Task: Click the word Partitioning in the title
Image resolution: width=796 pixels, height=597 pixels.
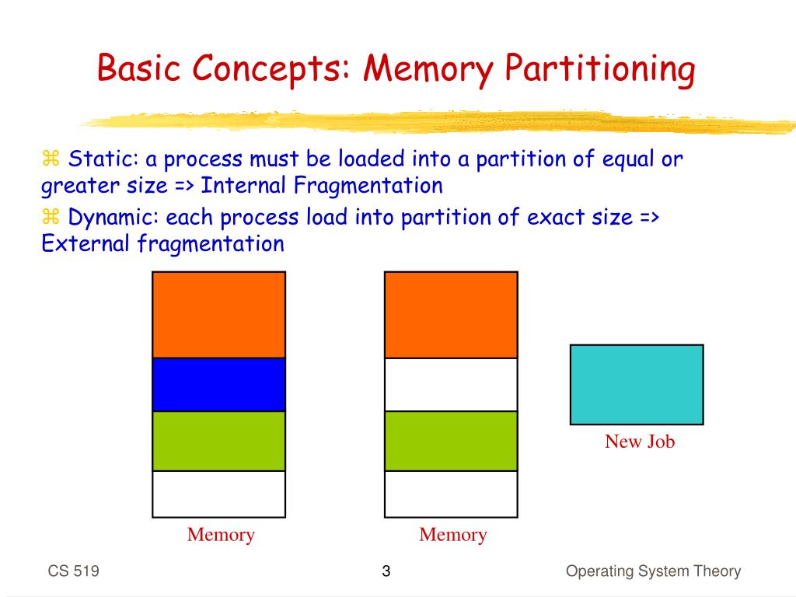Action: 600,70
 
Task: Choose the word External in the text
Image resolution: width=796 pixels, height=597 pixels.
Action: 86,244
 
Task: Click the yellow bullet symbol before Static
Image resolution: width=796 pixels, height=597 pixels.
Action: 51,160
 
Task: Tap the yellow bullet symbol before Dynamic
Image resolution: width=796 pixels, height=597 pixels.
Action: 51,218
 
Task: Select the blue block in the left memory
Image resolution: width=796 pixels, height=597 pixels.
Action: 218,384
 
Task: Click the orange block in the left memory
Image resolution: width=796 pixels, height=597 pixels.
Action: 218,315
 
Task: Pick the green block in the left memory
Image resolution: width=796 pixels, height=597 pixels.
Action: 218,441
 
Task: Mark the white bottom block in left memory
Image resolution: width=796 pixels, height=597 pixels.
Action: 218,494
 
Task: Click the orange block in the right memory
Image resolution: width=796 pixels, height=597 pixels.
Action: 451,315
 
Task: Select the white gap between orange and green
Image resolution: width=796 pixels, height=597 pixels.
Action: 451,384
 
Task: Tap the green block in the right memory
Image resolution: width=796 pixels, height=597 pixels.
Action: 451,441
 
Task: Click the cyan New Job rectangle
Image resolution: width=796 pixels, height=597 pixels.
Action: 636,384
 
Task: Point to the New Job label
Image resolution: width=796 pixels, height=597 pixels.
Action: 640,442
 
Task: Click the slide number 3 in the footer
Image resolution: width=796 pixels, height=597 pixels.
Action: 386,573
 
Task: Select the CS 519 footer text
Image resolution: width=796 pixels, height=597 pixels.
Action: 73,572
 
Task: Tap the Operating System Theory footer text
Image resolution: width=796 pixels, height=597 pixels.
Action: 653,572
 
